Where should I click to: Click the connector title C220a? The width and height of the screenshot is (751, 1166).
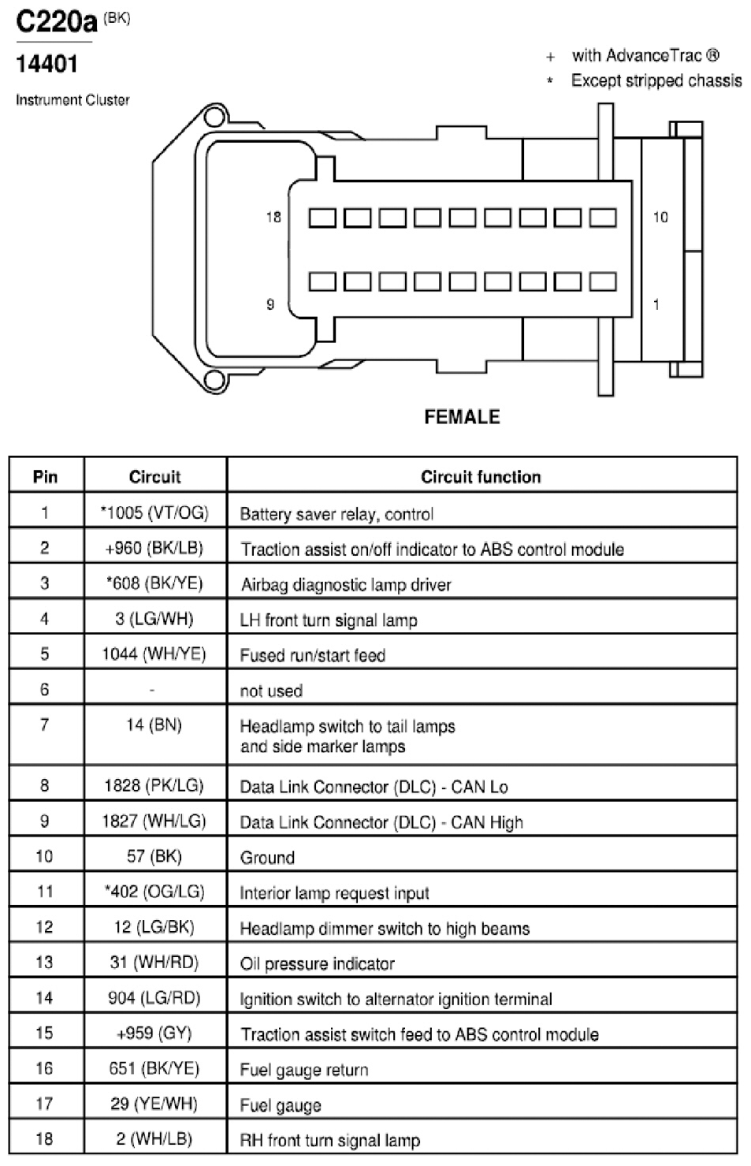[x=57, y=22]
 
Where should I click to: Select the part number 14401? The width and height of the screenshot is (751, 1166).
[x=46, y=64]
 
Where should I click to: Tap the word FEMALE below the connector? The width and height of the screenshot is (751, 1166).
[x=462, y=417]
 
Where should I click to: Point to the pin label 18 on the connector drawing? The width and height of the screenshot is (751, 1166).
[x=273, y=217]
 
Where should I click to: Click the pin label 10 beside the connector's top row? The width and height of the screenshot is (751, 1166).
[x=660, y=217]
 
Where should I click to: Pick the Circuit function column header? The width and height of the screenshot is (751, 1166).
[x=481, y=477]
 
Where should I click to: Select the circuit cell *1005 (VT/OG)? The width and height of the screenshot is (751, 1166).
[x=154, y=512]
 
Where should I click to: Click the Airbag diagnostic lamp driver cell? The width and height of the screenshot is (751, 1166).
[x=346, y=585]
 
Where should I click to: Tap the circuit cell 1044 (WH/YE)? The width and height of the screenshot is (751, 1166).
[x=154, y=654]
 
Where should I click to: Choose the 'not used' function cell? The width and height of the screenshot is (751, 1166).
[x=271, y=691]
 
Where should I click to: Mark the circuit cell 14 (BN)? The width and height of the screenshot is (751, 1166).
[x=154, y=725]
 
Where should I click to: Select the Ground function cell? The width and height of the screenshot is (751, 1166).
[x=267, y=857]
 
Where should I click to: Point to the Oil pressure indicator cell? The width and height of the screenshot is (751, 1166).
[x=318, y=964]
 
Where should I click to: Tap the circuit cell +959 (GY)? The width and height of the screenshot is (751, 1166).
[x=154, y=1033]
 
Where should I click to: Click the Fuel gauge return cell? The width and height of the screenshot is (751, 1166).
[x=304, y=1070]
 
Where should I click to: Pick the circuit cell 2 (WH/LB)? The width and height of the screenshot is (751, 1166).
[x=154, y=1138]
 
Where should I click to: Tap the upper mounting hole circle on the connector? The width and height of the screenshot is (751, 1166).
[x=214, y=117]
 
